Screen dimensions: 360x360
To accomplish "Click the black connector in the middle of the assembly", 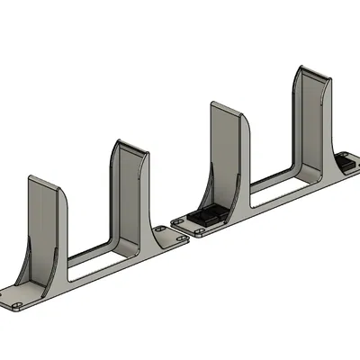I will coord(209,217).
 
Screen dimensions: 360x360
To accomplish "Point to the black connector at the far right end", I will coord(346,163).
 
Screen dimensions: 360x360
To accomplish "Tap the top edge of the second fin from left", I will coord(130,145).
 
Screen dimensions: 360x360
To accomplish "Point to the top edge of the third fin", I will coord(225,105).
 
